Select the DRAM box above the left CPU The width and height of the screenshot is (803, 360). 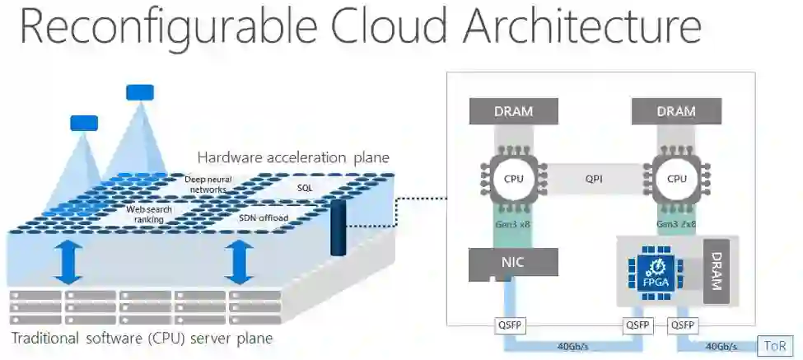click(513, 111)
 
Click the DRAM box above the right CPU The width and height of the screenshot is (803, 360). click(677, 111)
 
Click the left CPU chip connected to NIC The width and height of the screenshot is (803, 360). click(513, 179)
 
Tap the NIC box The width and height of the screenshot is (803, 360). click(513, 263)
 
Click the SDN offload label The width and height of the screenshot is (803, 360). click(281, 217)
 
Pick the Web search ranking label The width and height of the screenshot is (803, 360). click(149, 214)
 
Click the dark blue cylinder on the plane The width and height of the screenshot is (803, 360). click(337, 227)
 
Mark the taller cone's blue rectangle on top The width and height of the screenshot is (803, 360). click(140, 92)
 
